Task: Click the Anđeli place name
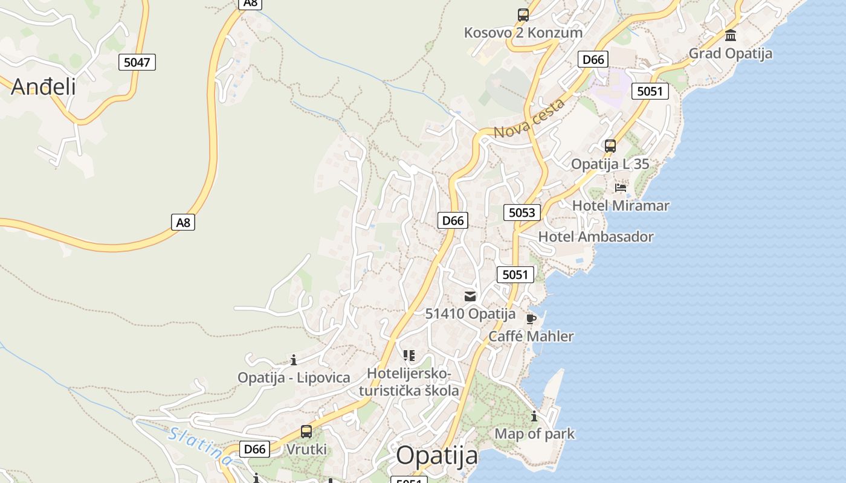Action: click(44, 86)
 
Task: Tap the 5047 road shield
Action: click(137, 62)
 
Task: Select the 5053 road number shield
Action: click(521, 212)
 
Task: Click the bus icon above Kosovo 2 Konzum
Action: click(523, 15)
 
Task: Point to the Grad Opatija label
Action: click(730, 53)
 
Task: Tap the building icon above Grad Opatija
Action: click(731, 35)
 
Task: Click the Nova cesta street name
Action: click(529, 118)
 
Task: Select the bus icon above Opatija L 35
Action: click(610, 146)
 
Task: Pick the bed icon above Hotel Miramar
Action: click(621, 188)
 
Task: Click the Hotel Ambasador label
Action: click(595, 237)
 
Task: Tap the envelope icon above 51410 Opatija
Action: click(470, 296)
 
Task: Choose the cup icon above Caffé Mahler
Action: click(531, 319)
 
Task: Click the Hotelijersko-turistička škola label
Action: click(409, 382)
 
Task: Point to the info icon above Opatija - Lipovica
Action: click(294, 360)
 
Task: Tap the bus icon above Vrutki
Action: click(306, 432)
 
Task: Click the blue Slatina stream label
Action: click(199, 446)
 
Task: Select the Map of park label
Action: click(534, 433)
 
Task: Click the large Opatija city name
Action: click(437, 455)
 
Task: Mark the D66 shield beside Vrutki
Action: click(254, 449)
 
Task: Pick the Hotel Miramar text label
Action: click(621, 205)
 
